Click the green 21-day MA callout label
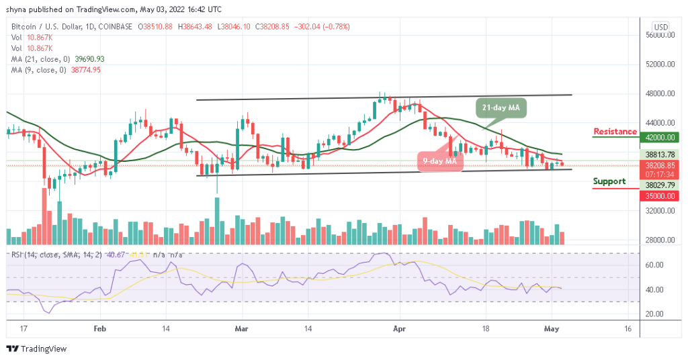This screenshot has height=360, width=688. coord(503,107)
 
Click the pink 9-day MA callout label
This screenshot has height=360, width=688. coord(440,161)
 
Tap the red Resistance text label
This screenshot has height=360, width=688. coord(615,131)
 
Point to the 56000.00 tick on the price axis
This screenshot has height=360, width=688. coord(660,35)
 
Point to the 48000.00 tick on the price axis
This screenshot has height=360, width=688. coord(660,93)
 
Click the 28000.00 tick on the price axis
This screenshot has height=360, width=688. coord(660,240)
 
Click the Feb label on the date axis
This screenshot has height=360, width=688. coord(99,330)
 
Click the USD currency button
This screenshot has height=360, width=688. coord(661,27)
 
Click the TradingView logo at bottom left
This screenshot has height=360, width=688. coord(34,349)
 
